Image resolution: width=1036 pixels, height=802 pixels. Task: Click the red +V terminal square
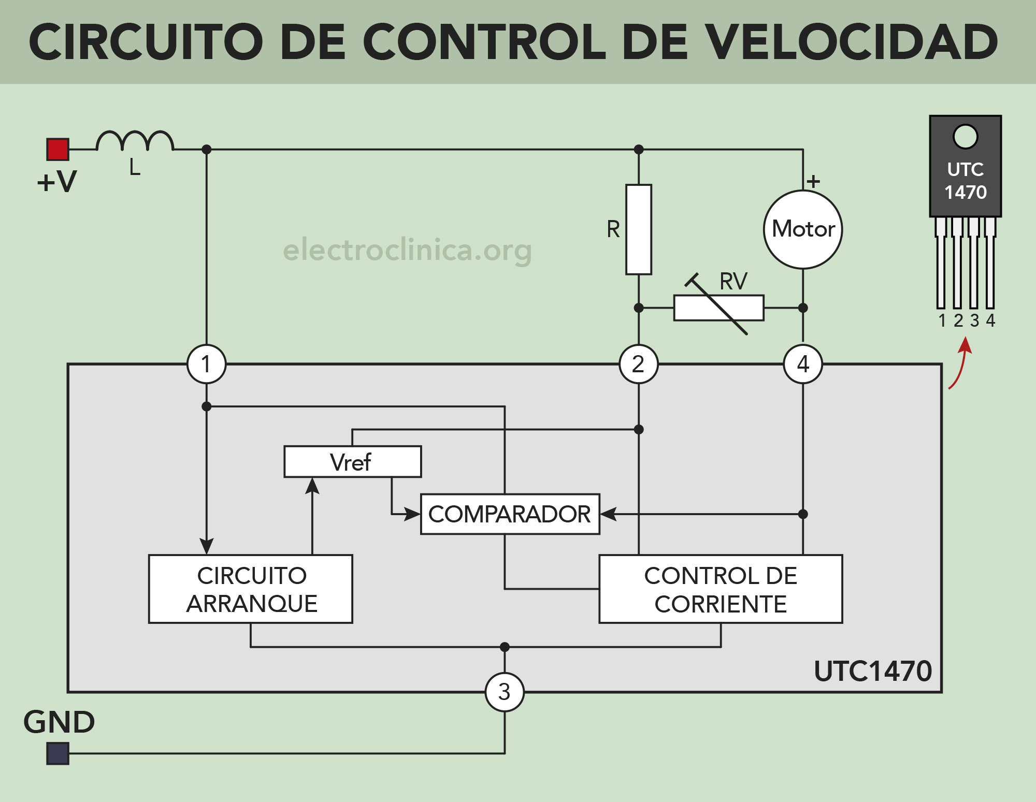pyautogui.click(x=57, y=150)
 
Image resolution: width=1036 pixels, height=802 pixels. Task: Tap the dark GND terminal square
pyautogui.click(x=57, y=753)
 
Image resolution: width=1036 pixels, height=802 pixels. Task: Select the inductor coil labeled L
pyautogui.click(x=135, y=141)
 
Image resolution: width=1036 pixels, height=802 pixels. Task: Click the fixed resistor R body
pyautogui.click(x=638, y=229)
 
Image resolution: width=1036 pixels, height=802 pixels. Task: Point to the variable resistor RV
pyautogui.click(x=718, y=308)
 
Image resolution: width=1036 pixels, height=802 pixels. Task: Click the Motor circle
pyautogui.click(x=803, y=229)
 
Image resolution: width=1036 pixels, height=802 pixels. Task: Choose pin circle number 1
pyautogui.click(x=207, y=364)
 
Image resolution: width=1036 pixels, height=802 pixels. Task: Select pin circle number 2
pyautogui.click(x=639, y=364)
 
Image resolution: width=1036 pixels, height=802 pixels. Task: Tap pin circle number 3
pyautogui.click(x=505, y=692)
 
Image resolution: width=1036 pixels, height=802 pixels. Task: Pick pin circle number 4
pyautogui.click(x=803, y=364)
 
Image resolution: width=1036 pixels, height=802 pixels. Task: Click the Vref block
pyautogui.click(x=352, y=462)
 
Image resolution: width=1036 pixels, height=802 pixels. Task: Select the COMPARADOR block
pyautogui.click(x=510, y=514)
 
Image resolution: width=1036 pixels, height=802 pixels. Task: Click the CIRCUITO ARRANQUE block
pyautogui.click(x=251, y=589)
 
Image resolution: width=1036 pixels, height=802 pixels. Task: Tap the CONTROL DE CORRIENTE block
pyautogui.click(x=721, y=589)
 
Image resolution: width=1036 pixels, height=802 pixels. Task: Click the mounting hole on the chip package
pyautogui.click(x=965, y=137)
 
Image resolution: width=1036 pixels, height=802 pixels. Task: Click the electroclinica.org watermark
pyautogui.click(x=407, y=250)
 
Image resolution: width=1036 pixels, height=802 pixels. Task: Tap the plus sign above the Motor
pyautogui.click(x=813, y=181)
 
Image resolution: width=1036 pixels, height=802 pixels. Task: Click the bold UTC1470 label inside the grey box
pyautogui.click(x=873, y=672)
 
